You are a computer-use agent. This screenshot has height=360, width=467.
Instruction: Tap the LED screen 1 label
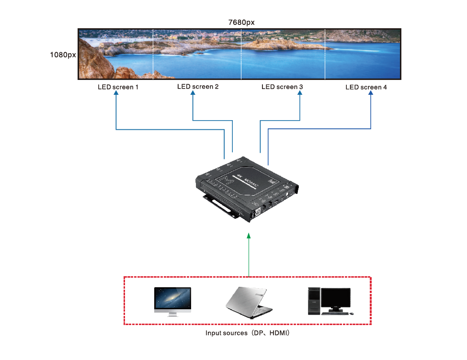[118, 88]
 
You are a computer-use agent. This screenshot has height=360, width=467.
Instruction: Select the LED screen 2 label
[198, 87]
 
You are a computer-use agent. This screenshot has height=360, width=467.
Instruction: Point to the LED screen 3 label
[282, 87]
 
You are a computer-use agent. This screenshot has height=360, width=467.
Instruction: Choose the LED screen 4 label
[366, 87]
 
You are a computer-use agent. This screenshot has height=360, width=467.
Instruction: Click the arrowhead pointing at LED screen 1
[116, 94]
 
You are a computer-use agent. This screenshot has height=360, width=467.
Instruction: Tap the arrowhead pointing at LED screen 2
[193, 94]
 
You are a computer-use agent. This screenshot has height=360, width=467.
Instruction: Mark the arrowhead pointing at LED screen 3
[300, 94]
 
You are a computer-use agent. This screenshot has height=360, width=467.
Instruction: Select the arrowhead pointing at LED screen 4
[371, 94]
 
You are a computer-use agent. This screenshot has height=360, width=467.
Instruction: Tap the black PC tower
[313, 301]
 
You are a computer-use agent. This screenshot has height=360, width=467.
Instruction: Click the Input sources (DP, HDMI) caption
[248, 333]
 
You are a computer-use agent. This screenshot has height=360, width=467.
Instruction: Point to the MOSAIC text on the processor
[252, 182]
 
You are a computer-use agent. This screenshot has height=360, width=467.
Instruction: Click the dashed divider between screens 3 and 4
[325, 54]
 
